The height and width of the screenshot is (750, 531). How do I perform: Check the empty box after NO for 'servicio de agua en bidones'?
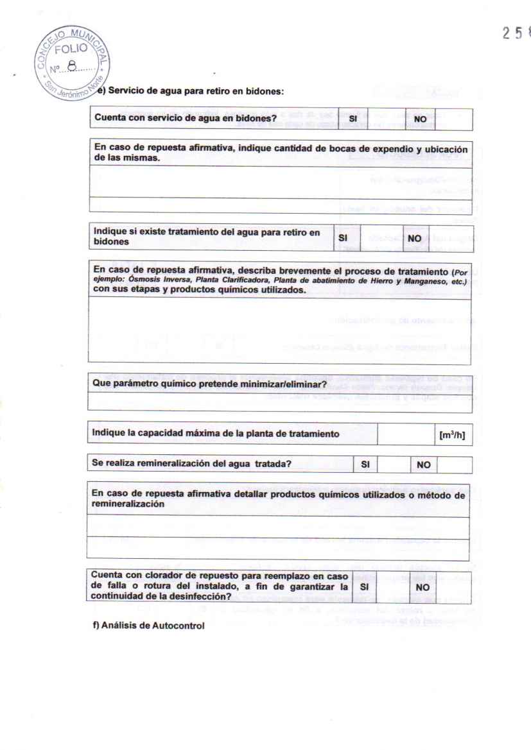(x=453, y=119)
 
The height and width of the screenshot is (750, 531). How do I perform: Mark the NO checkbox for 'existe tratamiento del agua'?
(x=453, y=237)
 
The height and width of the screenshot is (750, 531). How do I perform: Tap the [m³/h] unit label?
(x=451, y=434)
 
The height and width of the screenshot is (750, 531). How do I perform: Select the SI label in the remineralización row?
(x=364, y=464)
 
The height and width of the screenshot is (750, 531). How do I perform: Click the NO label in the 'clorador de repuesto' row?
(x=422, y=586)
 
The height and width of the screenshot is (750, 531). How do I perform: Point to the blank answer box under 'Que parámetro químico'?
(x=279, y=402)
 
